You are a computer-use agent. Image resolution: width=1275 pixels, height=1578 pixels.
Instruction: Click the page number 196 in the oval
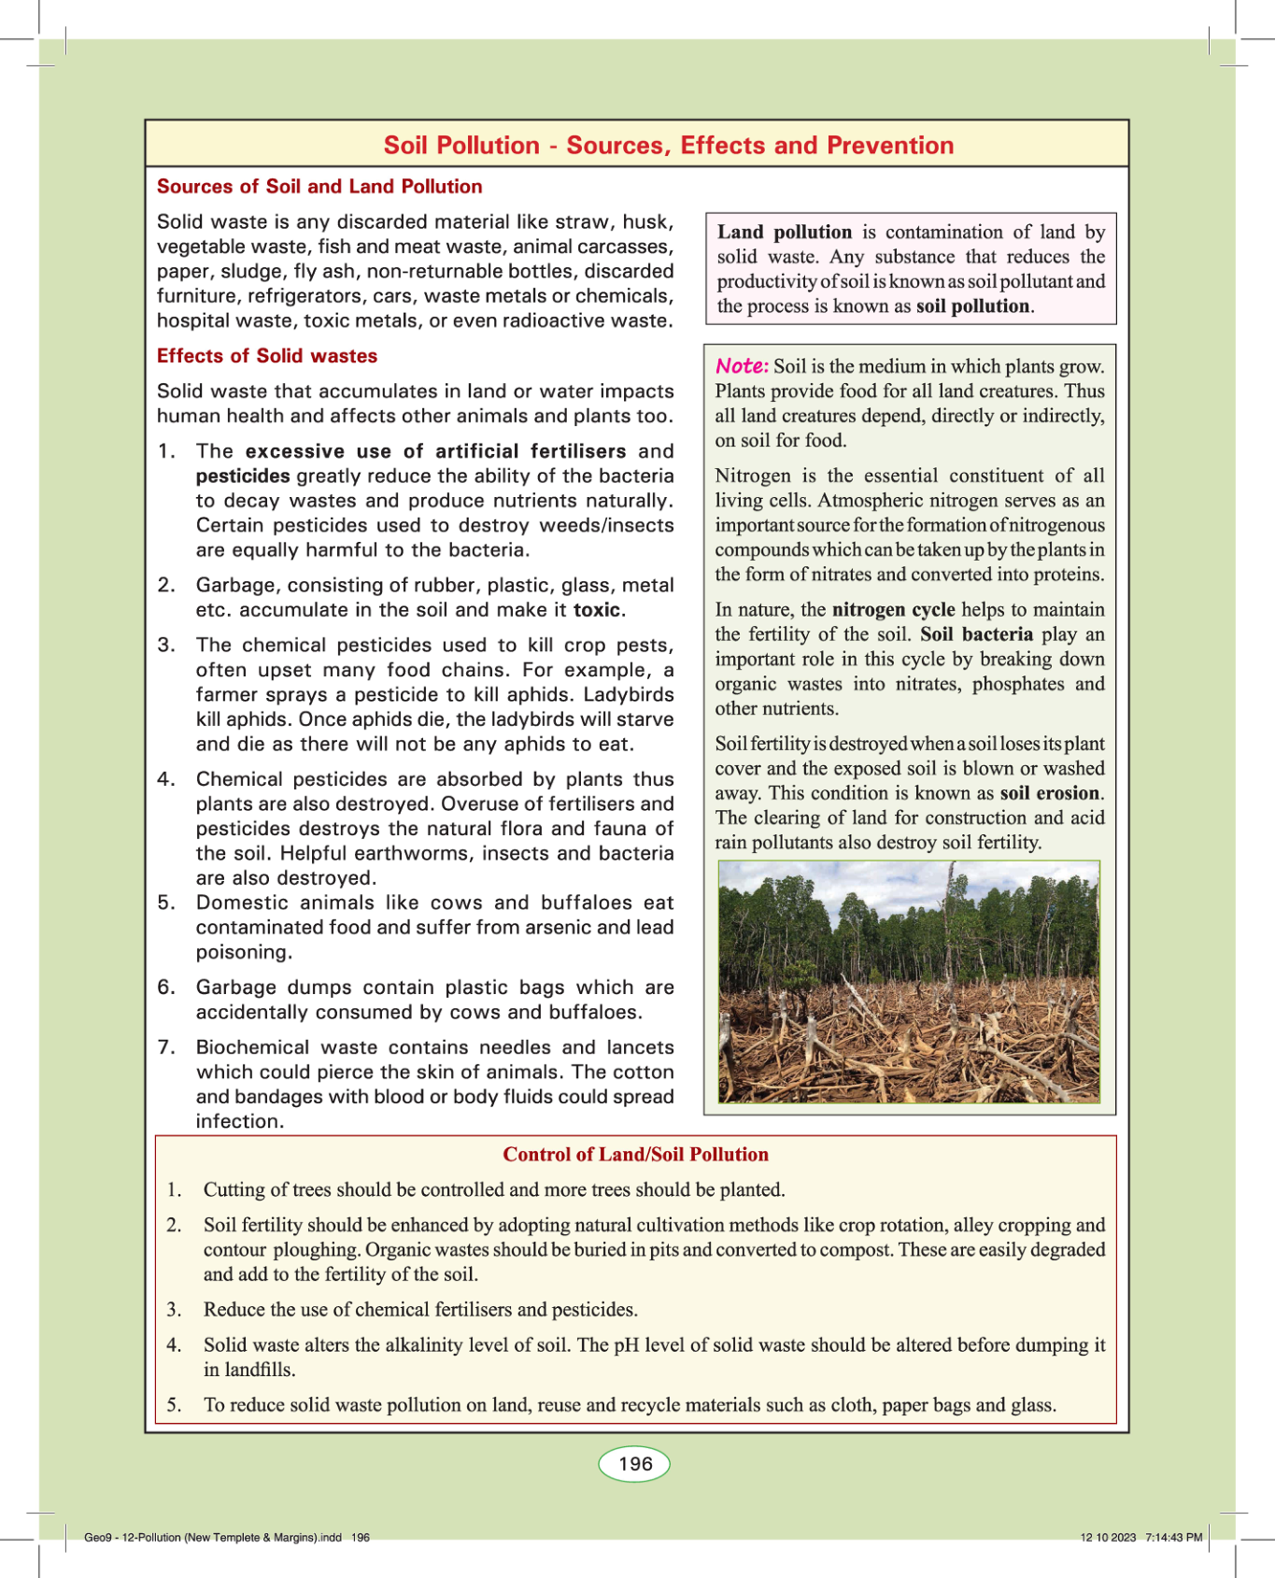tap(635, 1463)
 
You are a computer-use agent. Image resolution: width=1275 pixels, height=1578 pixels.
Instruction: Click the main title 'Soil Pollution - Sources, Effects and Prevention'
tap(669, 146)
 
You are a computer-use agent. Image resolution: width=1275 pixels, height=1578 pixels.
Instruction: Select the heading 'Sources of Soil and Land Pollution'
tap(319, 187)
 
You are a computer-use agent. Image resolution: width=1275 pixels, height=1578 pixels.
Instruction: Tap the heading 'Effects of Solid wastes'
tap(267, 356)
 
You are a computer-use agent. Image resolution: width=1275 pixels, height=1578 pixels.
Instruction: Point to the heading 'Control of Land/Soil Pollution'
tap(635, 1155)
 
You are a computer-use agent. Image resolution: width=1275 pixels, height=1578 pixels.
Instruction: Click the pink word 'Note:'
tap(742, 366)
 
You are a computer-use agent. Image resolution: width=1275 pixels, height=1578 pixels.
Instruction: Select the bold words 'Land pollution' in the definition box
tap(785, 233)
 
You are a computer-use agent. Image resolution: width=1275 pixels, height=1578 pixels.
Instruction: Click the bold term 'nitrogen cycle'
tap(893, 610)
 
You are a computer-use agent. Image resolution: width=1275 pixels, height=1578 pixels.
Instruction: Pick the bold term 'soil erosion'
tap(1050, 793)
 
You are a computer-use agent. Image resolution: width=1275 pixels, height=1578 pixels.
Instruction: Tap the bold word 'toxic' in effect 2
tap(597, 610)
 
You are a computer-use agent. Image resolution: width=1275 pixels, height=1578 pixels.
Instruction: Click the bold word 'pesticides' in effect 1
tap(243, 476)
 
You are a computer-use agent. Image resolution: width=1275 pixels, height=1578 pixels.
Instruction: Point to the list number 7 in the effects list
tap(166, 1047)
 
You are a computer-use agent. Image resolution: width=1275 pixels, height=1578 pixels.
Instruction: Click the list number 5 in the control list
tap(174, 1405)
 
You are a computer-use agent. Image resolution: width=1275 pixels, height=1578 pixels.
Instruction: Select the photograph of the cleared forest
tap(909, 981)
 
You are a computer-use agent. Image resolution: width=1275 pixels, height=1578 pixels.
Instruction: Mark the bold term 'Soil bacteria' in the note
tap(976, 634)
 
